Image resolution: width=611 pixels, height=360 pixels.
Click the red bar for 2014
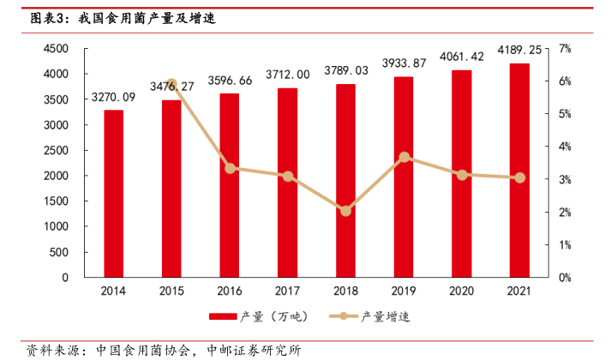pos(113,194)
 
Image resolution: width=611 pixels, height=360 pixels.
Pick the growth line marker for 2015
pos(171,84)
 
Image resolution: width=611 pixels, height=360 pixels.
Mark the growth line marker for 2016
pos(230,168)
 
